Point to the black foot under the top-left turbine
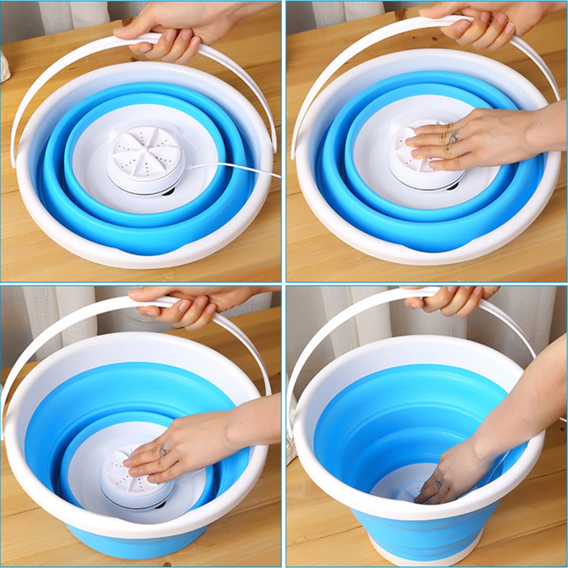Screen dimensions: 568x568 coord(168,192)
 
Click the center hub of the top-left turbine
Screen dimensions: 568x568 coord(146,152)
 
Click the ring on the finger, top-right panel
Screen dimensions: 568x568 coord(453,137)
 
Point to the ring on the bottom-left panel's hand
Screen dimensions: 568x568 coord(162,451)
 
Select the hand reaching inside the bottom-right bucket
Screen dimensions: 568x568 coord(454,471)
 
